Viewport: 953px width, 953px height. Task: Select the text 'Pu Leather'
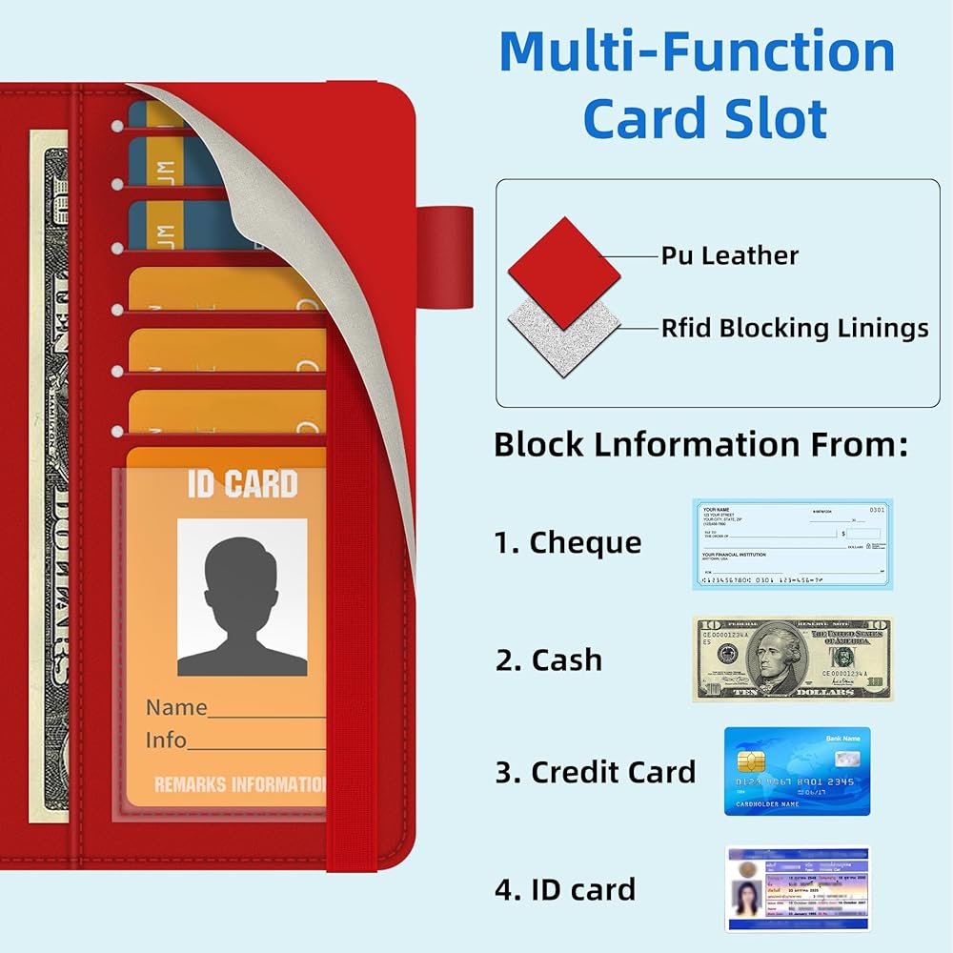pyautogui.click(x=730, y=255)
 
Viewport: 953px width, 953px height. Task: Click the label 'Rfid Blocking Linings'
pyautogui.click(x=795, y=329)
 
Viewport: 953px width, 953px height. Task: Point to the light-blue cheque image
pyautogui.click(x=793, y=544)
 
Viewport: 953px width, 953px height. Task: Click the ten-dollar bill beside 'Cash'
pyautogui.click(x=793, y=659)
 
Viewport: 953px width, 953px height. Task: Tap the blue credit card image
pyautogui.click(x=797, y=771)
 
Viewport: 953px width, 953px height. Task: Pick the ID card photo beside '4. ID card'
pyautogui.click(x=798, y=888)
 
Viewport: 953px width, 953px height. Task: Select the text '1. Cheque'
pyautogui.click(x=567, y=543)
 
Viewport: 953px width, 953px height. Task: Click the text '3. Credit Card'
pyautogui.click(x=595, y=772)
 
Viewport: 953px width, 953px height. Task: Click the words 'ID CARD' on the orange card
pyautogui.click(x=242, y=483)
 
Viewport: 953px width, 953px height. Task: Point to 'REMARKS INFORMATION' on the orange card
pyautogui.click(x=240, y=785)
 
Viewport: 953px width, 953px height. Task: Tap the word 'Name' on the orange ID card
pyautogui.click(x=176, y=707)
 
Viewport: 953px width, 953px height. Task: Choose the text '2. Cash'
pyautogui.click(x=549, y=659)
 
